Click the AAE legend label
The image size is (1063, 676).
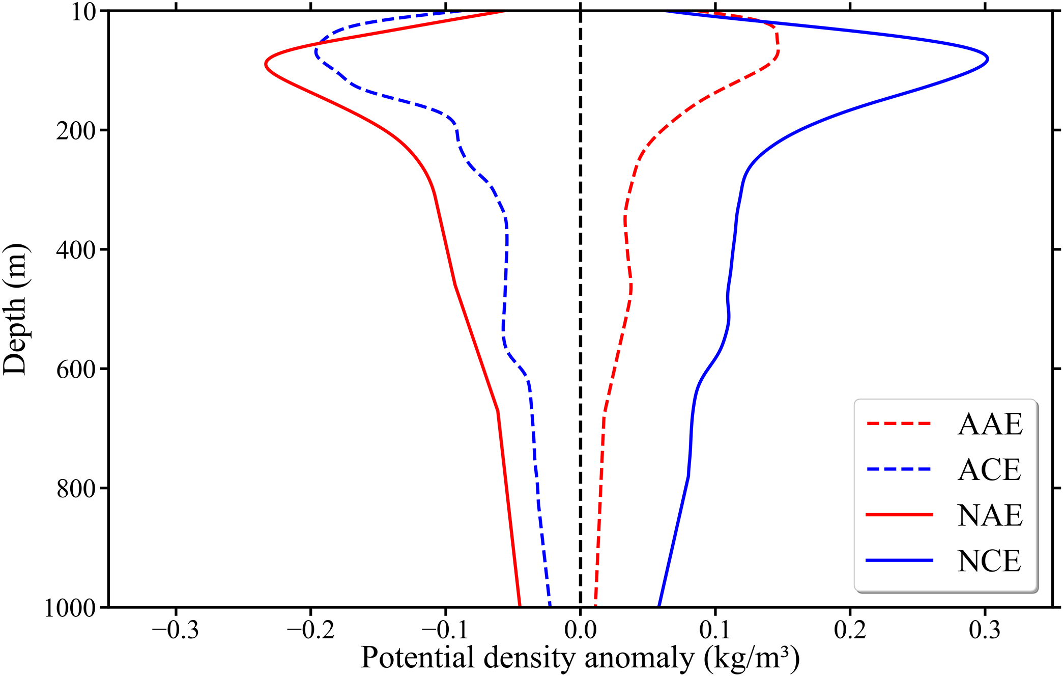click(x=990, y=424)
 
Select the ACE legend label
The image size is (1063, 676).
click(x=989, y=469)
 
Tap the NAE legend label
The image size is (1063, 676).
click(x=990, y=515)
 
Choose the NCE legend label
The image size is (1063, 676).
click(x=989, y=561)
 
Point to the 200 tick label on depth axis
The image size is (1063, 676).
click(x=76, y=131)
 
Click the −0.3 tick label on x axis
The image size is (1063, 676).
click(x=176, y=630)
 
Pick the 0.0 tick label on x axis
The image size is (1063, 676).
click(x=580, y=630)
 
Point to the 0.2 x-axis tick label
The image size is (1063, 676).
click(x=850, y=630)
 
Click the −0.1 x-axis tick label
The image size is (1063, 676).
click(x=445, y=630)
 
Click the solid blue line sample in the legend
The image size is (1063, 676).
click(x=899, y=560)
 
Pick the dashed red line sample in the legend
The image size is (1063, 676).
click(x=899, y=424)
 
